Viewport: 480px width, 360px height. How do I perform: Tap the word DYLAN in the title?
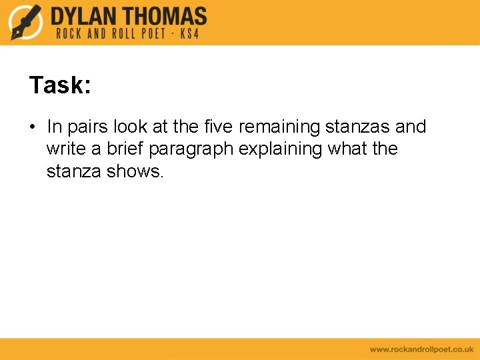click(85, 15)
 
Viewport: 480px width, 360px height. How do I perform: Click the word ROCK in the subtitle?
click(69, 33)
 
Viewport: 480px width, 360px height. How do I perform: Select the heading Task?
click(60, 85)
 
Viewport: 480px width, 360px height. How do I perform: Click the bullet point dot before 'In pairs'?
click(33, 127)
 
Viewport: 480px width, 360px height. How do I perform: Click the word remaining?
click(279, 127)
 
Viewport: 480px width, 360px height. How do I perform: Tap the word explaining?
click(281, 149)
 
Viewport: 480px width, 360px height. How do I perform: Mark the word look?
click(130, 127)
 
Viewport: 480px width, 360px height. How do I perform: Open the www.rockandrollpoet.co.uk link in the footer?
click(421, 349)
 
